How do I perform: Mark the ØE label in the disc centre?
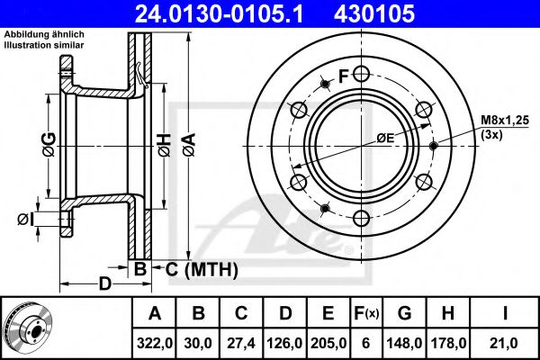(385, 138)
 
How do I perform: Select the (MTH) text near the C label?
(211, 268)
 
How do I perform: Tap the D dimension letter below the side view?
(104, 284)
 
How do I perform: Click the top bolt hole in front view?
(361, 73)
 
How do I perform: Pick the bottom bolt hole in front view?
(361, 218)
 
